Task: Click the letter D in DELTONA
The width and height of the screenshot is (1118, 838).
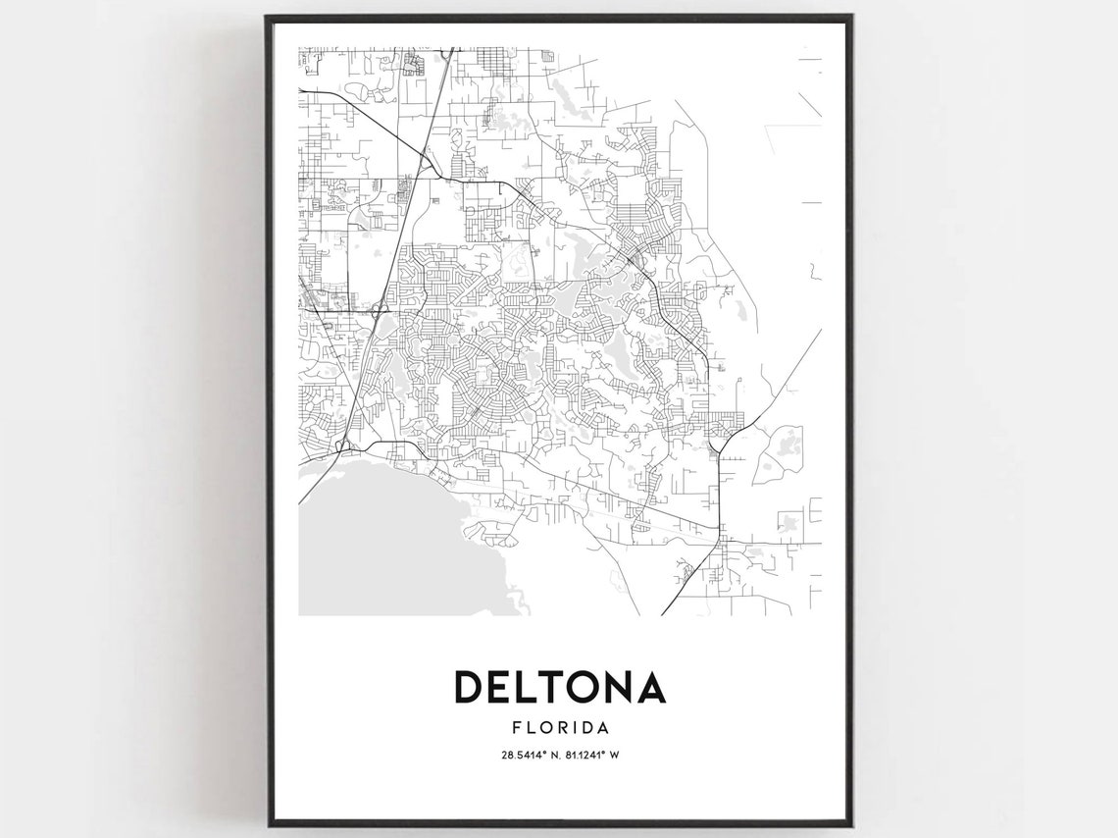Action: pyautogui.click(x=469, y=687)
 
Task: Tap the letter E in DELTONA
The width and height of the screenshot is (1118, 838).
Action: pyautogui.click(x=502, y=687)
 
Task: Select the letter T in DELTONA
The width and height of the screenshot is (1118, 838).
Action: pyautogui.click(x=556, y=687)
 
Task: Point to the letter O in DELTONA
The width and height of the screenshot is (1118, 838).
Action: pyautogui.click(x=588, y=687)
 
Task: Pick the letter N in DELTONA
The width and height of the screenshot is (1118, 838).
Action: pyautogui.click(x=624, y=687)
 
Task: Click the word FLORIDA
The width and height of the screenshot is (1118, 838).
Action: pyautogui.click(x=560, y=728)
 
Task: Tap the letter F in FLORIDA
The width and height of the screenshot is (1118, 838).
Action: pyautogui.click(x=515, y=728)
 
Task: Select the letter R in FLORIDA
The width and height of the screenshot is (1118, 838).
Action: pyautogui.click(x=557, y=728)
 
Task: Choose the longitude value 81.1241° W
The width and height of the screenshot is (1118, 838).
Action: pyautogui.click(x=591, y=756)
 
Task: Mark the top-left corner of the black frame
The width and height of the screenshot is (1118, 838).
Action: pyautogui.click(x=267, y=17)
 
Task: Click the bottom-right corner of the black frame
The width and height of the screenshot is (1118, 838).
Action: pyautogui.click(x=850, y=824)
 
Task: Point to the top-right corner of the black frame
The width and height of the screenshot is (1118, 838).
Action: pyautogui.click(x=850, y=17)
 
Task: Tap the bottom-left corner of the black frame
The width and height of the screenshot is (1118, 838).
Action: pyautogui.click(x=267, y=824)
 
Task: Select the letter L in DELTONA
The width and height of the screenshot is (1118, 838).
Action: pyautogui.click(x=530, y=687)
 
